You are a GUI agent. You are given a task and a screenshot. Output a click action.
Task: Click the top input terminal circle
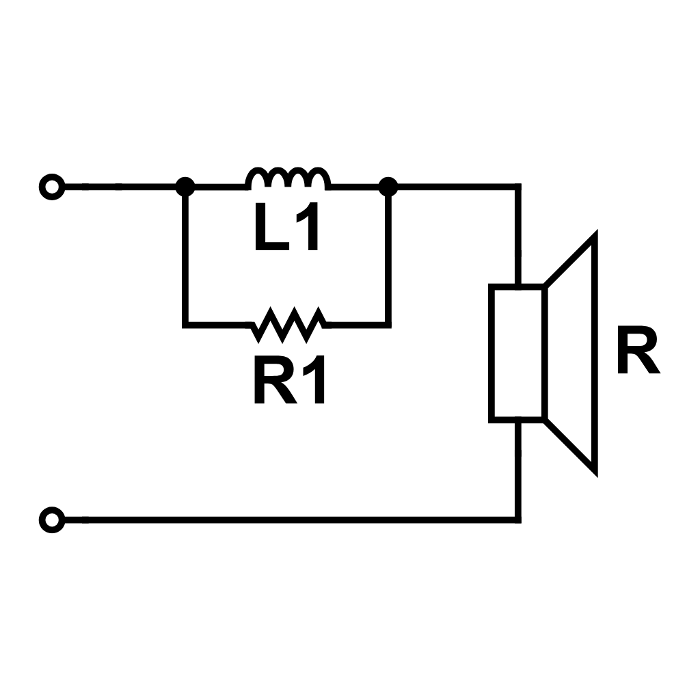coord(51,186)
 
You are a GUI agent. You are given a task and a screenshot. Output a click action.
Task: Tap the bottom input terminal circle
coord(51,520)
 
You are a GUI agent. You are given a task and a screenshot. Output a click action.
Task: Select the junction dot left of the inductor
coord(185,186)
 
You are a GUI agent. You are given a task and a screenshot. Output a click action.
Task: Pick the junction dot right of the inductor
coord(388,186)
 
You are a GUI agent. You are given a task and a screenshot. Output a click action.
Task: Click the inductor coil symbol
coord(287,178)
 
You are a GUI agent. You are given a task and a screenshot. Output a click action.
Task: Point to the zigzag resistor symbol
coord(287,324)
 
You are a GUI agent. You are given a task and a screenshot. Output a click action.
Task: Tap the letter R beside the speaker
coord(637,352)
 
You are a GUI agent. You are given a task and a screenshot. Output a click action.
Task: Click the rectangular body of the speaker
coord(517,353)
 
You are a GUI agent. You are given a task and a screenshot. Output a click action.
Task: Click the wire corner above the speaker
coord(517,186)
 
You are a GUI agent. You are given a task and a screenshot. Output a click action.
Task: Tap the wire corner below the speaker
coord(517,520)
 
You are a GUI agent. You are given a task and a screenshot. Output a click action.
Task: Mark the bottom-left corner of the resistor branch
coord(185,324)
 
